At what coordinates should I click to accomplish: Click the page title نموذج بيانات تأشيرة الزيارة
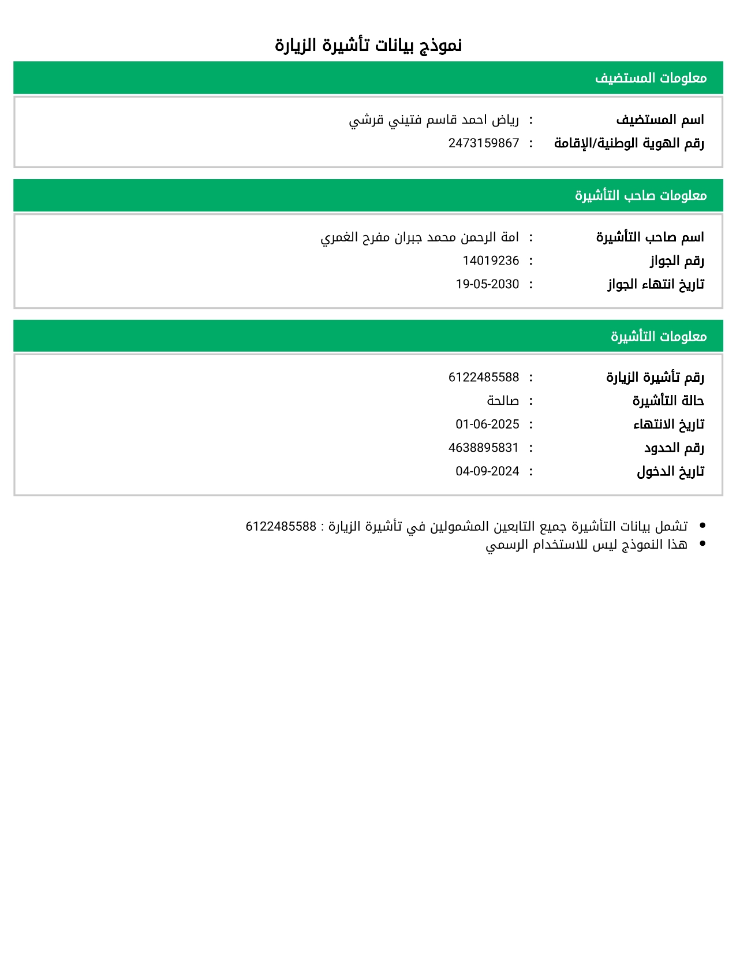368,45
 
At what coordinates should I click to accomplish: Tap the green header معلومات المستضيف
651,78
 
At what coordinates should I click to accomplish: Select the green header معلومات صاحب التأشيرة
640,195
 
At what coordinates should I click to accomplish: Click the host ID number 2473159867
484,143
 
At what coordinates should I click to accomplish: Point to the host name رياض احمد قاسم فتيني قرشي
434,120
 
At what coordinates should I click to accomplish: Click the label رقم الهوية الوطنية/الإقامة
629,143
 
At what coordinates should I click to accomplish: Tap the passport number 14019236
491,261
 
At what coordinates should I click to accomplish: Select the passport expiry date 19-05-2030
487,284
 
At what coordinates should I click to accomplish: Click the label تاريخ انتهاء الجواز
656,284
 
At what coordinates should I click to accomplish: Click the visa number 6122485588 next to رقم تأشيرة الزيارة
484,378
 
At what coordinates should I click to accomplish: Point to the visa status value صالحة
503,401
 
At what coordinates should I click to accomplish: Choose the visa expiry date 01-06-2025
487,425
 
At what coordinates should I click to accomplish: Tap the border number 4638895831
484,448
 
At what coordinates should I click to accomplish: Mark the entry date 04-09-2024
487,471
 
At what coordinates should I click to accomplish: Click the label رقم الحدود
674,448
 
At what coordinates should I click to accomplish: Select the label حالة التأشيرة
668,401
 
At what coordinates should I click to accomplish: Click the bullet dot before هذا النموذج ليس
702,543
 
